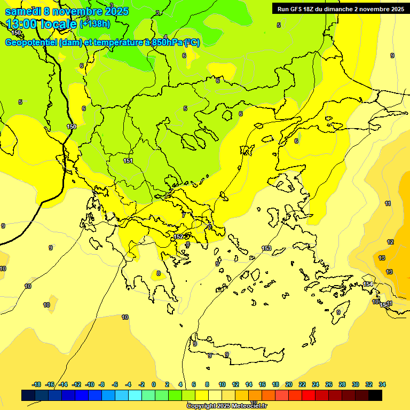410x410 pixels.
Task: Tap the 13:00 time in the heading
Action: (x=21, y=24)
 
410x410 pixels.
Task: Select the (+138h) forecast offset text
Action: (x=95, y=23)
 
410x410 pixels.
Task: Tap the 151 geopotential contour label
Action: (x=128, y=161)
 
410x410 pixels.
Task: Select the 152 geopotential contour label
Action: (x=179, y=236)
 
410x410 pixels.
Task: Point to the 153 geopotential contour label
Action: (x=266, y=248)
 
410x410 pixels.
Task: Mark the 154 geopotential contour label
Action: (x=368, y=284)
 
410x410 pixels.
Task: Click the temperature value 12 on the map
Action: (x=390, y=242)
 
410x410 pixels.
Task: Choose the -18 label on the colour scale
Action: (x=36, y=384)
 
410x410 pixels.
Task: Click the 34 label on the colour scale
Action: (x=382, y=384)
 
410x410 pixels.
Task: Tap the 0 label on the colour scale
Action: (x=154, y=384)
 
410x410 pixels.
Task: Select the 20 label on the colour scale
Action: (x=289, y=384)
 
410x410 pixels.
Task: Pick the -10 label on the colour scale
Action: (x=90, y=384)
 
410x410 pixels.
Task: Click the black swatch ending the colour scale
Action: (x=375, y=395)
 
